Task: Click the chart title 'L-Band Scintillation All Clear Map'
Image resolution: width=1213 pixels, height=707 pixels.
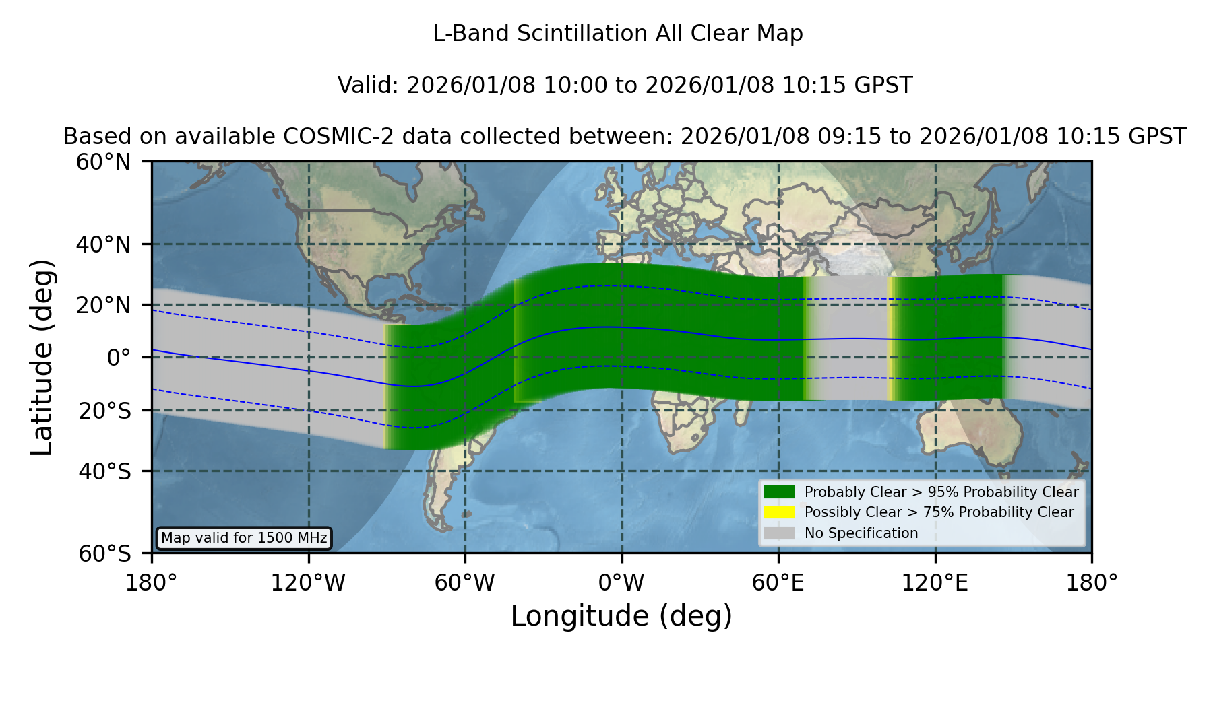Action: (x=617, y=34)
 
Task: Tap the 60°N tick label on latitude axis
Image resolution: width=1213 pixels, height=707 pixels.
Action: (x=104, y=162)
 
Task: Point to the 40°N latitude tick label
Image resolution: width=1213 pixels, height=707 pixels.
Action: (x=104, y=244)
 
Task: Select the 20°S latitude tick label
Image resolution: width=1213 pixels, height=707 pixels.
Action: (x=105, y=411)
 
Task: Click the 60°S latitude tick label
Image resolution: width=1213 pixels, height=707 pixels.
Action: (x=105, y=554)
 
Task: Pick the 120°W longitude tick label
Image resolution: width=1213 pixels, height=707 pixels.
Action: (x=308, y=583)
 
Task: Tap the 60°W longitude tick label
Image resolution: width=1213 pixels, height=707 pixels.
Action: (x=465, y=583)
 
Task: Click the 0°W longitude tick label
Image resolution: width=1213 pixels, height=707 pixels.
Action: (x=621, y=583)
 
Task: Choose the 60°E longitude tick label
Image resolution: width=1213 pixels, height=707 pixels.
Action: (x=778, y=583)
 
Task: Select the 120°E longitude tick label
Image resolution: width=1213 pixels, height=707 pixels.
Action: (x=935, y=583)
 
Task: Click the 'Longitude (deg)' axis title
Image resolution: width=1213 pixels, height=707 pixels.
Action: (x=621, y=617)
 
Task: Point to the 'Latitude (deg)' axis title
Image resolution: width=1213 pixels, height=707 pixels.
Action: (x=42, y=357)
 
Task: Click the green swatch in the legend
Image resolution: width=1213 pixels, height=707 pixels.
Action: (x=780, y=492)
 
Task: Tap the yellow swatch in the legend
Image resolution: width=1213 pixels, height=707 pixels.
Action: (x=780, y=512)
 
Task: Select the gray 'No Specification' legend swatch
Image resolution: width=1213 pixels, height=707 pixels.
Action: (x=780, y=533)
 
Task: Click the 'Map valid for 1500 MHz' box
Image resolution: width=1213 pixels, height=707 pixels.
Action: (x=244, y=538)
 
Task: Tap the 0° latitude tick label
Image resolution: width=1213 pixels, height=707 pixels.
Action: (x=119, y=358)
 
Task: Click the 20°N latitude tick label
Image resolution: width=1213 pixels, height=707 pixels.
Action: (x=104, y=305)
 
